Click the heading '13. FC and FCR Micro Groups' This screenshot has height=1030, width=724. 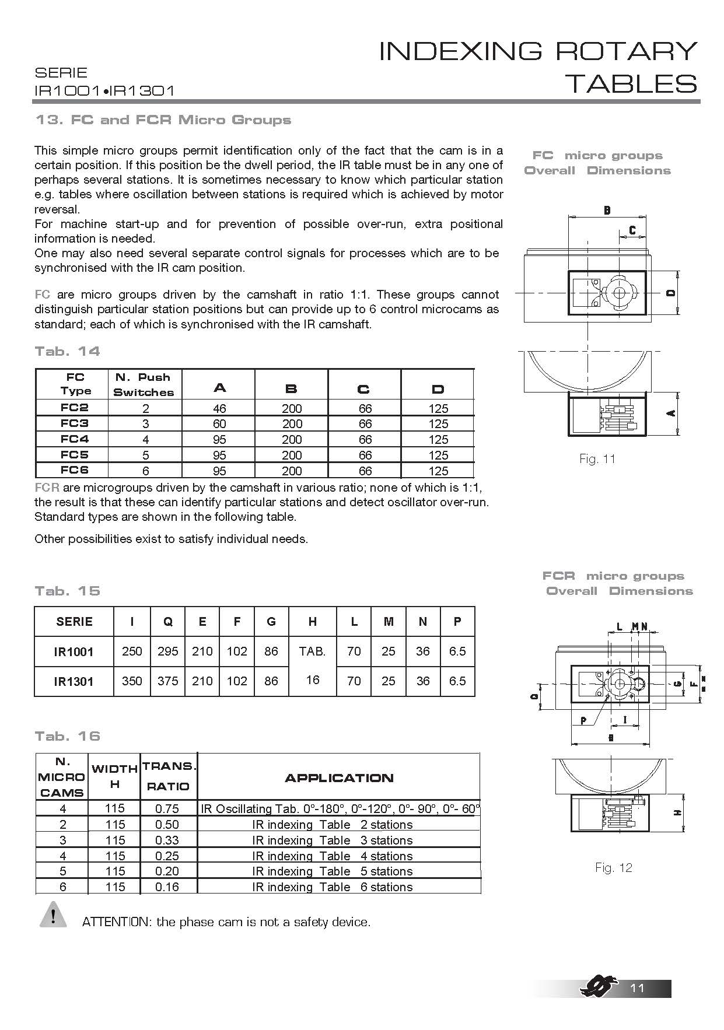[x=163, y=120]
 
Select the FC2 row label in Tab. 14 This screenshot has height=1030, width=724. [x=75, y=408]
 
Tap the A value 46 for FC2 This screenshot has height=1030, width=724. [x=219, y=408]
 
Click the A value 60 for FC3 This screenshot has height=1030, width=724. [x=219, y=424]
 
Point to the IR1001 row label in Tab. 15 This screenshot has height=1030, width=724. [x=74, y=651]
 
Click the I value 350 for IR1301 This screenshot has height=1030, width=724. [x=132, y=681]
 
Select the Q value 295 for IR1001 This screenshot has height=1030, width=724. [x=167, y=651]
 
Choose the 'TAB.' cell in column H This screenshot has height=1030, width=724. [x=312, y=651]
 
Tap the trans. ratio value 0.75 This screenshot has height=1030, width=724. [x=167, y=808]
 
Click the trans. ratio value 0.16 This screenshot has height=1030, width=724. [x=167, y=887]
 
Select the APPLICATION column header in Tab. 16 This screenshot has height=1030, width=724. [x=339, y=777]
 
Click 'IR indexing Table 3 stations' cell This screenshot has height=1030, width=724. [x=333, y=840]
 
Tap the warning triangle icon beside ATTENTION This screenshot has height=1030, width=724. [x=53, y=915]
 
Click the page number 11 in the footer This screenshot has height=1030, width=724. [x=638, y=988]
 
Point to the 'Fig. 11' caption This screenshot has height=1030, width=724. [x=597, y=459]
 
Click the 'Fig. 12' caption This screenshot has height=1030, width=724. [x=614, y=868]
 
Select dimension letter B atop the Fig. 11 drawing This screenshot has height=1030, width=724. [x=607, y=210]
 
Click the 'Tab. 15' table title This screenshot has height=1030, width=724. [x=68, y=591]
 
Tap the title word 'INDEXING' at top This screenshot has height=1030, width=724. [x=461, y=51]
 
